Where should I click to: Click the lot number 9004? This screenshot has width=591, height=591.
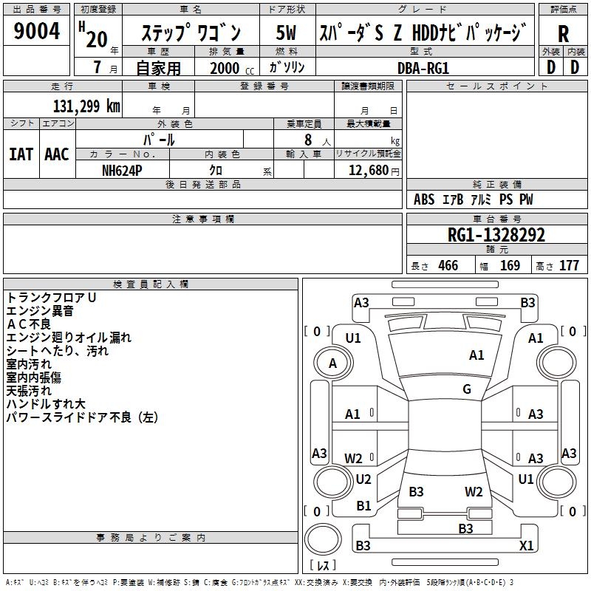click(x=37, y=32)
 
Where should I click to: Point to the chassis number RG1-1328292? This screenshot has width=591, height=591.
click(x=496, y=236)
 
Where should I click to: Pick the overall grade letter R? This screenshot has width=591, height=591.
click(x=564, y=33)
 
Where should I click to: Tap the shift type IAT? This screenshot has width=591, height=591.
click(x=21, y=154)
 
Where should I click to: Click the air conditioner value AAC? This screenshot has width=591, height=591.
click(x=57, y=154)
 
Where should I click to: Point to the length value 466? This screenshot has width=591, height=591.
click(x=448, y=265)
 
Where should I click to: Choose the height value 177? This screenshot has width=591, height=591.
click(x=569, y=265)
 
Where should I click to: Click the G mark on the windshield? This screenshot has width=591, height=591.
click(x=467, y=389)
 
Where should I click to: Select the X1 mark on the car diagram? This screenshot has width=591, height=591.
click(x=527, y=545)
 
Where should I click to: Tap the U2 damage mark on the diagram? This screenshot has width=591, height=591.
click(x=363, y=479)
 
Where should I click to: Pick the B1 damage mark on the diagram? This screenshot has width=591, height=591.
click(x=363, y=506)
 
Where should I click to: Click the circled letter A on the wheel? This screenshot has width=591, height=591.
click(x=332, y=363)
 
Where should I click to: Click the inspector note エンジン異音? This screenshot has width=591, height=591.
click(x=40, y=311)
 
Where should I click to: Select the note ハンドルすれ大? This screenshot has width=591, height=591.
click(x=46, y=404)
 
